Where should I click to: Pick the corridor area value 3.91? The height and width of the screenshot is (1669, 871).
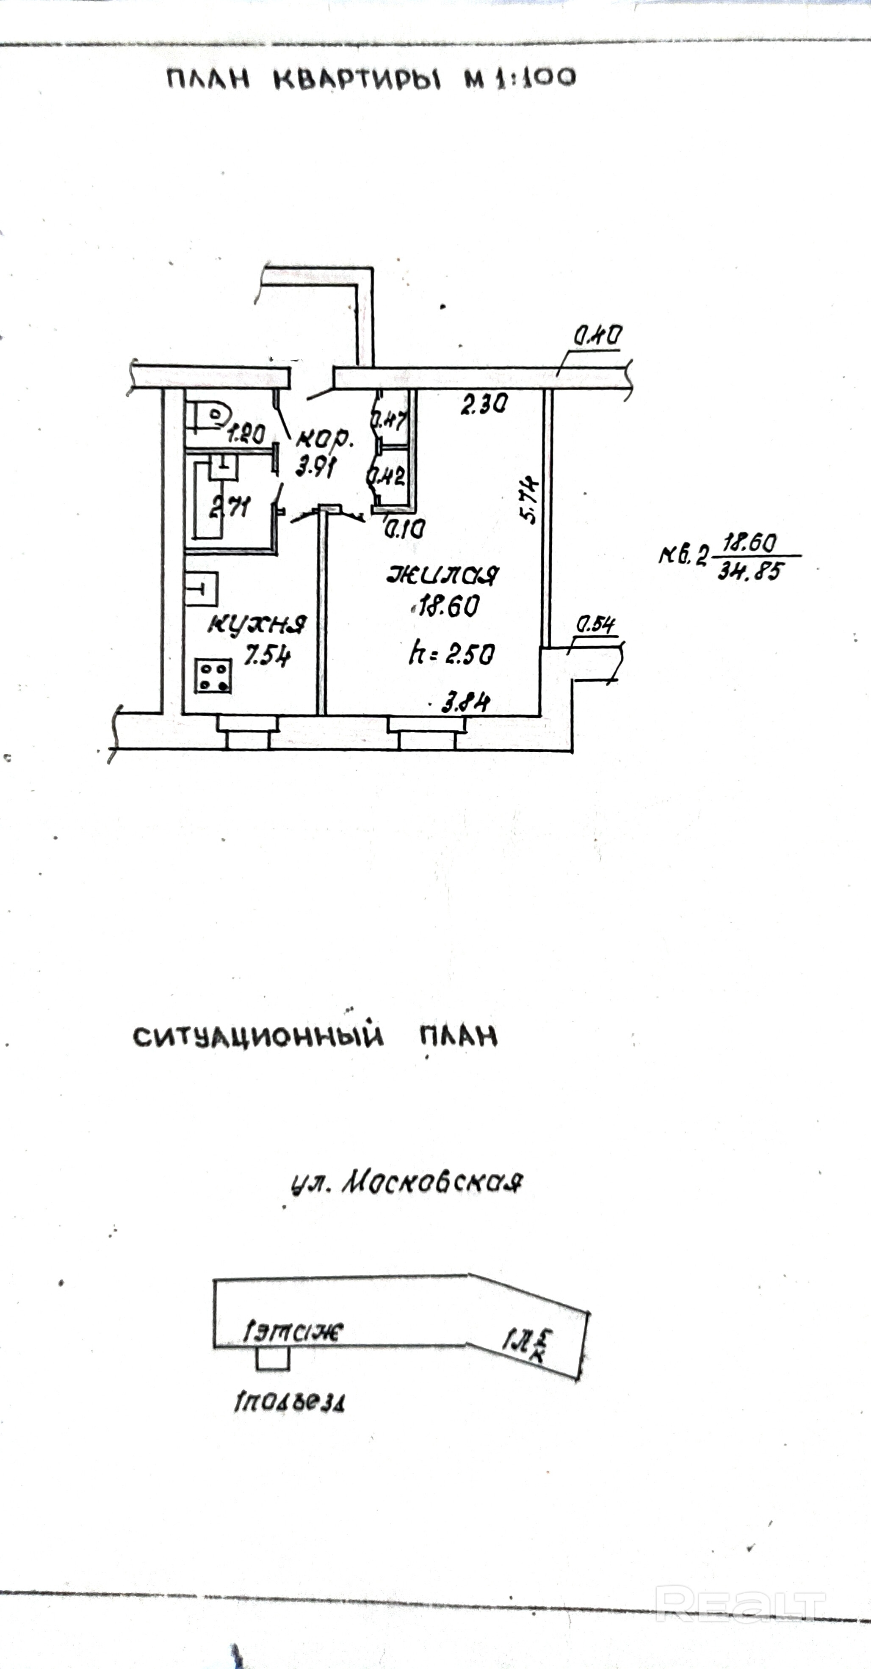click(x=315, y=466)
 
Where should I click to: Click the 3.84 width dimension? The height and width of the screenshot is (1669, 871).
click(x=465, y=702)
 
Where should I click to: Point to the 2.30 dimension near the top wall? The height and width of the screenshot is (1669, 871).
click(x=484, y=405)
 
